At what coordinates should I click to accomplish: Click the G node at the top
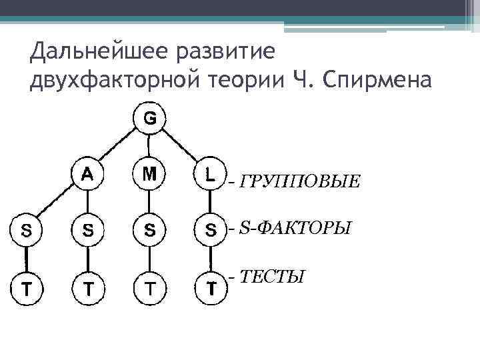click(149, 118)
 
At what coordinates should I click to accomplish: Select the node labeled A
click(87, 175)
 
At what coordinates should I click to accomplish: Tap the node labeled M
click(149, 175)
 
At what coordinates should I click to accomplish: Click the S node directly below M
click(149, 230)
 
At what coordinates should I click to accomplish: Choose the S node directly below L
click(211, 231)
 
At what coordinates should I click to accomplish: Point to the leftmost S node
click(25, 230)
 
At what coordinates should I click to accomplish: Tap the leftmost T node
click(25, 288)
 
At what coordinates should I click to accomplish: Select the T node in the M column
click(149, 288)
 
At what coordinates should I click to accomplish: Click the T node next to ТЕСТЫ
click(211, 288)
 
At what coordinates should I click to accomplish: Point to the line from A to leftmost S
click(56, 202)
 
